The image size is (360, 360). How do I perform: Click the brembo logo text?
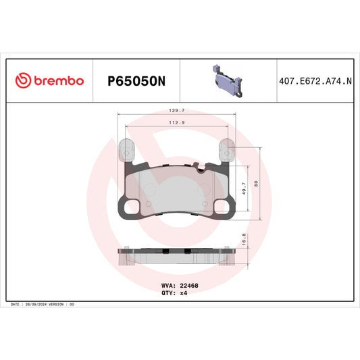(x=56, y=80)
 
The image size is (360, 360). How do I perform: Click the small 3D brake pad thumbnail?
(x=227, y=78)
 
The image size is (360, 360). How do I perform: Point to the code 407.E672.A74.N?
(x=315, y=81)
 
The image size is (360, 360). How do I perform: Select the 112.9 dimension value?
(x=177, y=123)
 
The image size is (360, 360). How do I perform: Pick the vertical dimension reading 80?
(x=257, y=183)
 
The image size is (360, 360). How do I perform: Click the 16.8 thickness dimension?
(x=244, y=240)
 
